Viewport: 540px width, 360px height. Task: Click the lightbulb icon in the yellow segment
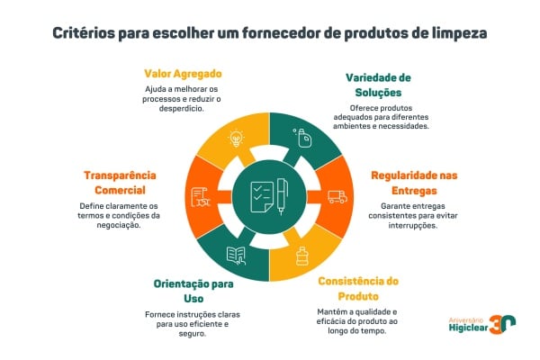tap(237, 138)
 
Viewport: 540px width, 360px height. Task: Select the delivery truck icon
tap(337, 196)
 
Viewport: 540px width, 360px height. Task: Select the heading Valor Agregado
tap(184, 73)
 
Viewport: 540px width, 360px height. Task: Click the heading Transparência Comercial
tap(121, 181)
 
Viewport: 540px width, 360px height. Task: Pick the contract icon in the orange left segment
tap(200, 196)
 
